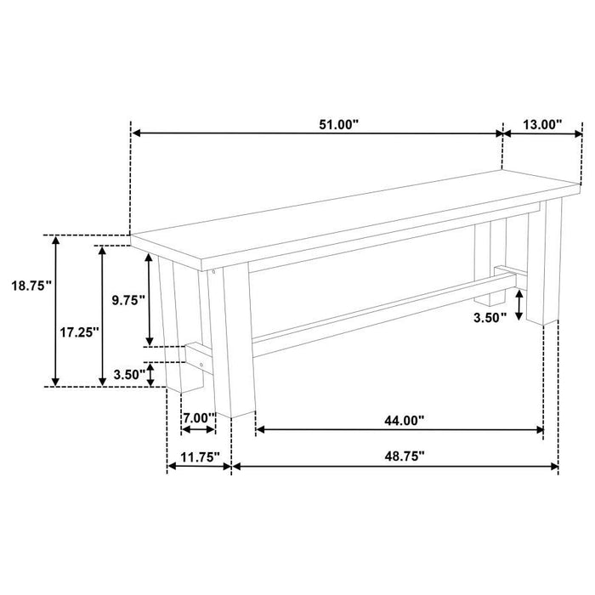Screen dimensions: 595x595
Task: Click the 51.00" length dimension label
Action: [339, 124]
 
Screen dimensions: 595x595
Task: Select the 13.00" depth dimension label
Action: [542, 124]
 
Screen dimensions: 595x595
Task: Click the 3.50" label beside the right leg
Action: [491, 316]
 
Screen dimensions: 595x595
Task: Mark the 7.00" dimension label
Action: [197, 417]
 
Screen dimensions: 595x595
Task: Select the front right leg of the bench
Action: [542, 263]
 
